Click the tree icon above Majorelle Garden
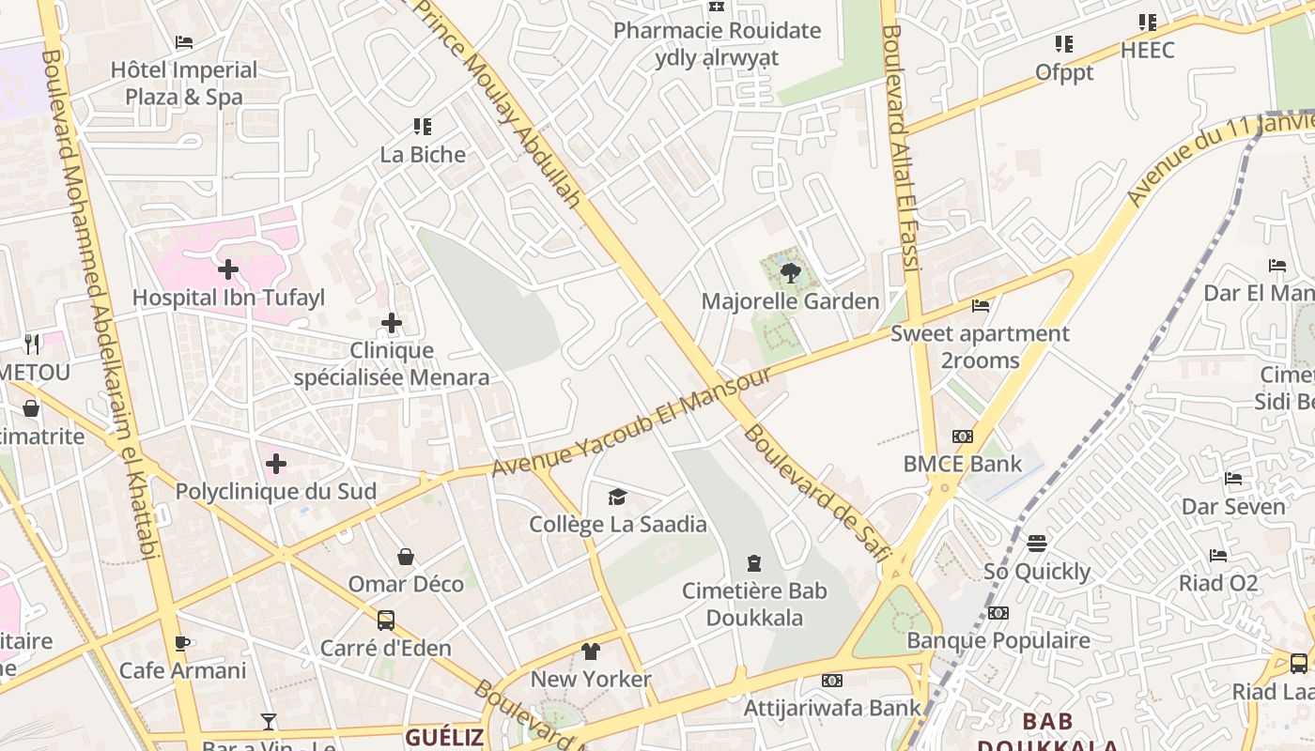point(790,273)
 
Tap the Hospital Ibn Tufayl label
point(228,298)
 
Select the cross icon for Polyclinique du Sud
point(276,464)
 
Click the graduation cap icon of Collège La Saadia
point(617,497)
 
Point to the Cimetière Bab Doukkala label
point(754,604)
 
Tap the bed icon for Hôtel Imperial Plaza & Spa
point(184,42)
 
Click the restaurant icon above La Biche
point(423,127)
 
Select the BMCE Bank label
point(962,464)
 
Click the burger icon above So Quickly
point(1037,544)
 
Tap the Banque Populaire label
point(998,640)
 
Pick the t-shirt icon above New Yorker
point(590,651)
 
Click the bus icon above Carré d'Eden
point(385,620)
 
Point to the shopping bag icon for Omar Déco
point(406,557)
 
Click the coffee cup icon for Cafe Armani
point(182,643)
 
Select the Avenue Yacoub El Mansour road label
point(631,421)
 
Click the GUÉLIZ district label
point(444,737)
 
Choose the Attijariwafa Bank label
point(832,707)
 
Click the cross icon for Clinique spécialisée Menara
point(392,324)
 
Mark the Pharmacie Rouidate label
point(717,31)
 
